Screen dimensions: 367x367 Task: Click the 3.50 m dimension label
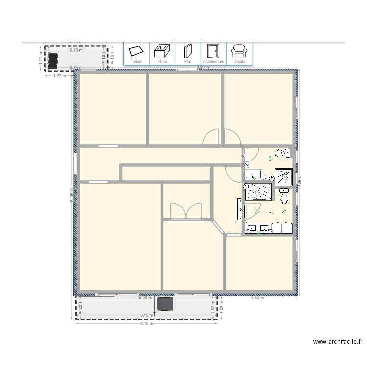pos(257,298)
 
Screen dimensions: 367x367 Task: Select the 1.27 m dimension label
pos(60,75)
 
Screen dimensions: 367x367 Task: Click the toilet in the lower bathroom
pos(284,197)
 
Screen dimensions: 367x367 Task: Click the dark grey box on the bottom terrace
pos(165,303)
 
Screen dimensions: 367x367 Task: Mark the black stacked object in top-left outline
pos(53,61)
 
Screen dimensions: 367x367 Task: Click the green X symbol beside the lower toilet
pos(284,211)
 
